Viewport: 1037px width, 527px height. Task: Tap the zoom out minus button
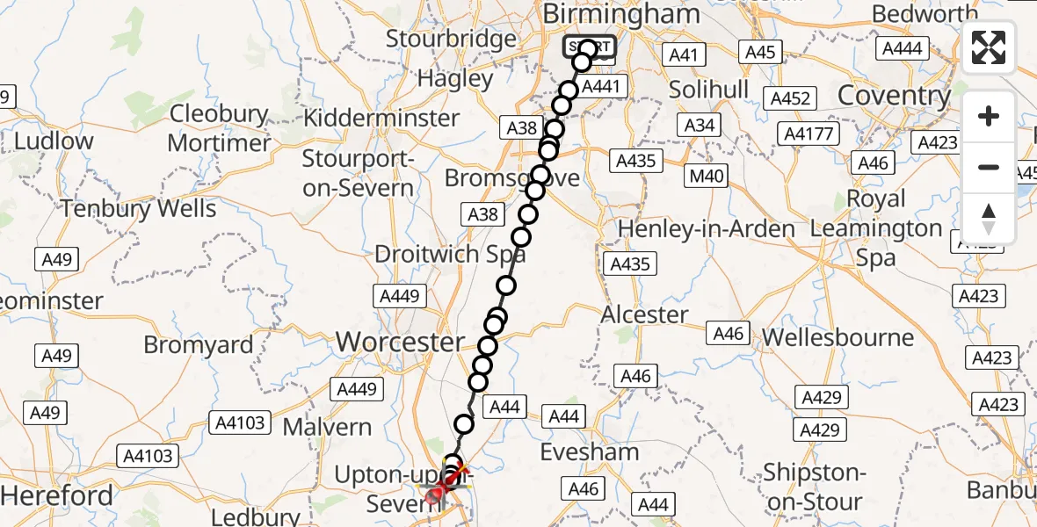pos(989,167)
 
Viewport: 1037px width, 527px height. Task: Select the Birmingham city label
pos(621,13)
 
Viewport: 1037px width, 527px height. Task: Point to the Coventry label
pos(895,95)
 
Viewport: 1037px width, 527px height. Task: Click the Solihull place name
pos(708,89)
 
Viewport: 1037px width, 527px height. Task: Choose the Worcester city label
pos(400,342)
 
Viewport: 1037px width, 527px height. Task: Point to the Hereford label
pos(57,496)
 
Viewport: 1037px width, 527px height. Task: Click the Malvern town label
pos(327,428)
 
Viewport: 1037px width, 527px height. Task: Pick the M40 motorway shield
pos(707,177)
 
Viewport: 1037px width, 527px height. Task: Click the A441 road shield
pos(601,87)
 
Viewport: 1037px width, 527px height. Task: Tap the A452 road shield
pos(789,98)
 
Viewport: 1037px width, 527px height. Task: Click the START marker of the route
pos(590,47)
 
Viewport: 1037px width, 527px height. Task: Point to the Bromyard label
pos(199,345)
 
